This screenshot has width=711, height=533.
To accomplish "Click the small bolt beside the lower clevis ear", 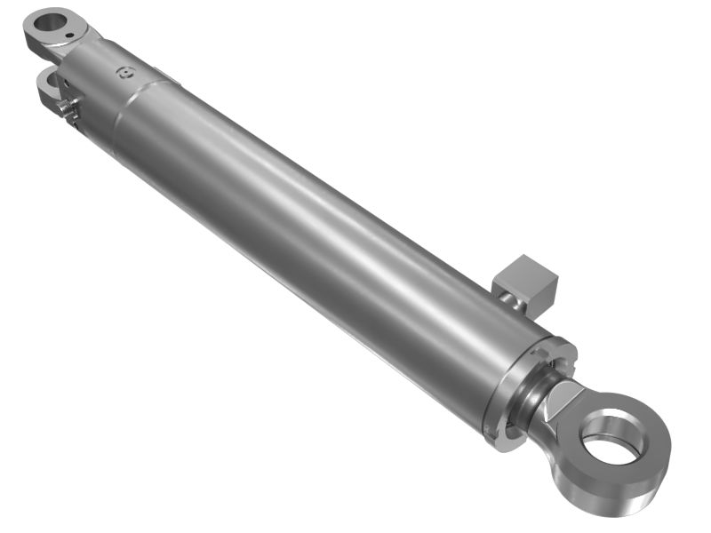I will coord(64,106).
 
